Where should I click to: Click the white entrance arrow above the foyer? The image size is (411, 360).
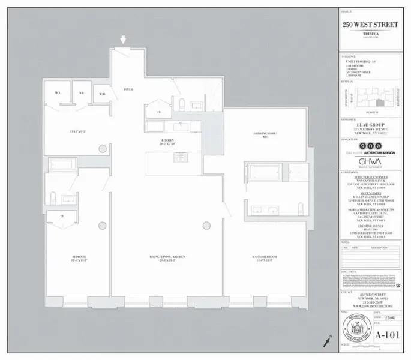click(124, 40)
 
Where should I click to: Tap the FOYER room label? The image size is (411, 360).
click(128, 89)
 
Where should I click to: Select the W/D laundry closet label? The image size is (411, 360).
click(102, 94)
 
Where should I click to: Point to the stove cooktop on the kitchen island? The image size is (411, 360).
click(180, 157)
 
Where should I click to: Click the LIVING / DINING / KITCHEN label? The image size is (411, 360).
click(167, 258)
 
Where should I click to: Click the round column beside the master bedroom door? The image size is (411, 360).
click(207, 226)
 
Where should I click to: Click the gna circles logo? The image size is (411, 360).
click(365, 146)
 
